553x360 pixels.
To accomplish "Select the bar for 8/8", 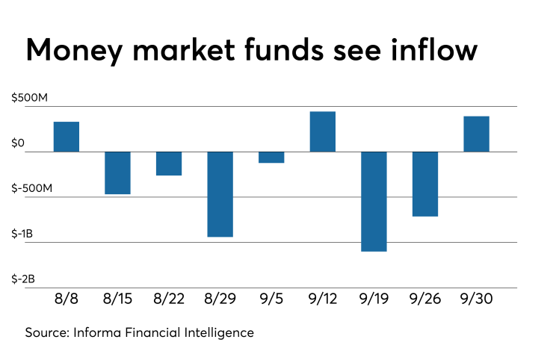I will coord(67,137).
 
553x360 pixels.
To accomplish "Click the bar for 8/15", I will coord(117,173).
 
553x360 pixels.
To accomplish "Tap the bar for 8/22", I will coord(169,164).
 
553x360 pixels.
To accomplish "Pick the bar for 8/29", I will coord(220,194).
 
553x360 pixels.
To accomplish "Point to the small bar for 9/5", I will coord(271,157).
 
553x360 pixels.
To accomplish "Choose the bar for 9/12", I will coord(323,131).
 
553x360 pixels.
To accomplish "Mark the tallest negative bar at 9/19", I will coord(374,202).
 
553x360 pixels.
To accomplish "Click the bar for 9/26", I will coord(425,184).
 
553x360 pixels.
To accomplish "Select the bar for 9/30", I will coord(476,134).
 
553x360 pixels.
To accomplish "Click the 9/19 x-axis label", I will coord(374,299).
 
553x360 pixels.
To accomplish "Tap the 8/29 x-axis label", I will coord(220,299).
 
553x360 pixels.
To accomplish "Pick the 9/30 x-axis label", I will coord(476,299).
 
